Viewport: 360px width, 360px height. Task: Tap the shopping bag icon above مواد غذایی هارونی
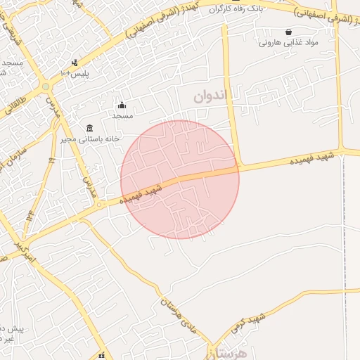point(289,32)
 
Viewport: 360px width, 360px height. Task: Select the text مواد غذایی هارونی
point(289,42)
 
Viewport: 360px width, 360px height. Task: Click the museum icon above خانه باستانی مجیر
point(89,128)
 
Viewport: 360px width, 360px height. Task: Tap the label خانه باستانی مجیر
point(89,139)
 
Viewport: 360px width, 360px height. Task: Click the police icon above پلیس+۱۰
point(75,63)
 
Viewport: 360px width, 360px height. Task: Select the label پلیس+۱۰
point(75,73)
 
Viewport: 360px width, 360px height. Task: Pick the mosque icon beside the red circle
point(121,105)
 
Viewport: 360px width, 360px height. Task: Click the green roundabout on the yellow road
point(46,86)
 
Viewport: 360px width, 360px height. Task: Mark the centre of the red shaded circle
point(180,180)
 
